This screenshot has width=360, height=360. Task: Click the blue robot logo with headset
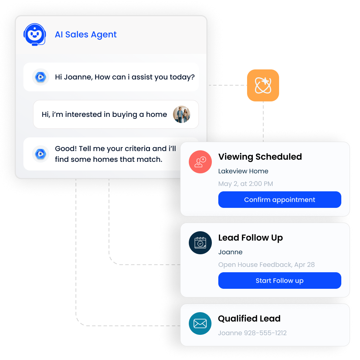pyautogui.click(x=35, y=35)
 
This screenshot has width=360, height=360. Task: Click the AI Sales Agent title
pyautogui.click(x=86, y=35)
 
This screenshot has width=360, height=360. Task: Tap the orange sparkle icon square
pyautogui.click(x=263, y=85)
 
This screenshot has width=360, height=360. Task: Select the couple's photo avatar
pyautogui.click(x=182, y=114)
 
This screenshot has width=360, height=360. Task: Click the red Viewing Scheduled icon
pyautogui.click(x=200, y=162)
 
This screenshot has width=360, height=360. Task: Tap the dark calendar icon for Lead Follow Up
pyautogui.click(x=200, y=243)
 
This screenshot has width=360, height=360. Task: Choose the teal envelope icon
pyautogui.click(x=200, y=324)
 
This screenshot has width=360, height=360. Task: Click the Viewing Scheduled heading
pyautogui.click(x=260, y=157)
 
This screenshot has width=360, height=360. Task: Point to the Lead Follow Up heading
pyautogui.click(x=250, y=238)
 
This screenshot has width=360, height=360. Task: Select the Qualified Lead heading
pyautogui.click(x=249, y=319)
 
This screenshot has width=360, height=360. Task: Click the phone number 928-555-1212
pyautogui.click(x=265, y=333)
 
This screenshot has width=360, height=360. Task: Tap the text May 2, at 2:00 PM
pyautogui.click(x=246, y=184)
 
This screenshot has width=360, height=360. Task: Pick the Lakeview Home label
pyautogui.click(x=243, y=171)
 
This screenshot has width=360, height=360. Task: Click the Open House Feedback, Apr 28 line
pyautogui.click(x=266, y=265)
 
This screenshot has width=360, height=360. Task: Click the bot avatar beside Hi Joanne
pyautogui.click(x=40, y=77)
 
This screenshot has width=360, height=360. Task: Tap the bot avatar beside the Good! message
pyautogui.click(x=40, y=154)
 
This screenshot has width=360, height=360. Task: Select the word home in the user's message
pyautogui.click(x=156, y=114)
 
